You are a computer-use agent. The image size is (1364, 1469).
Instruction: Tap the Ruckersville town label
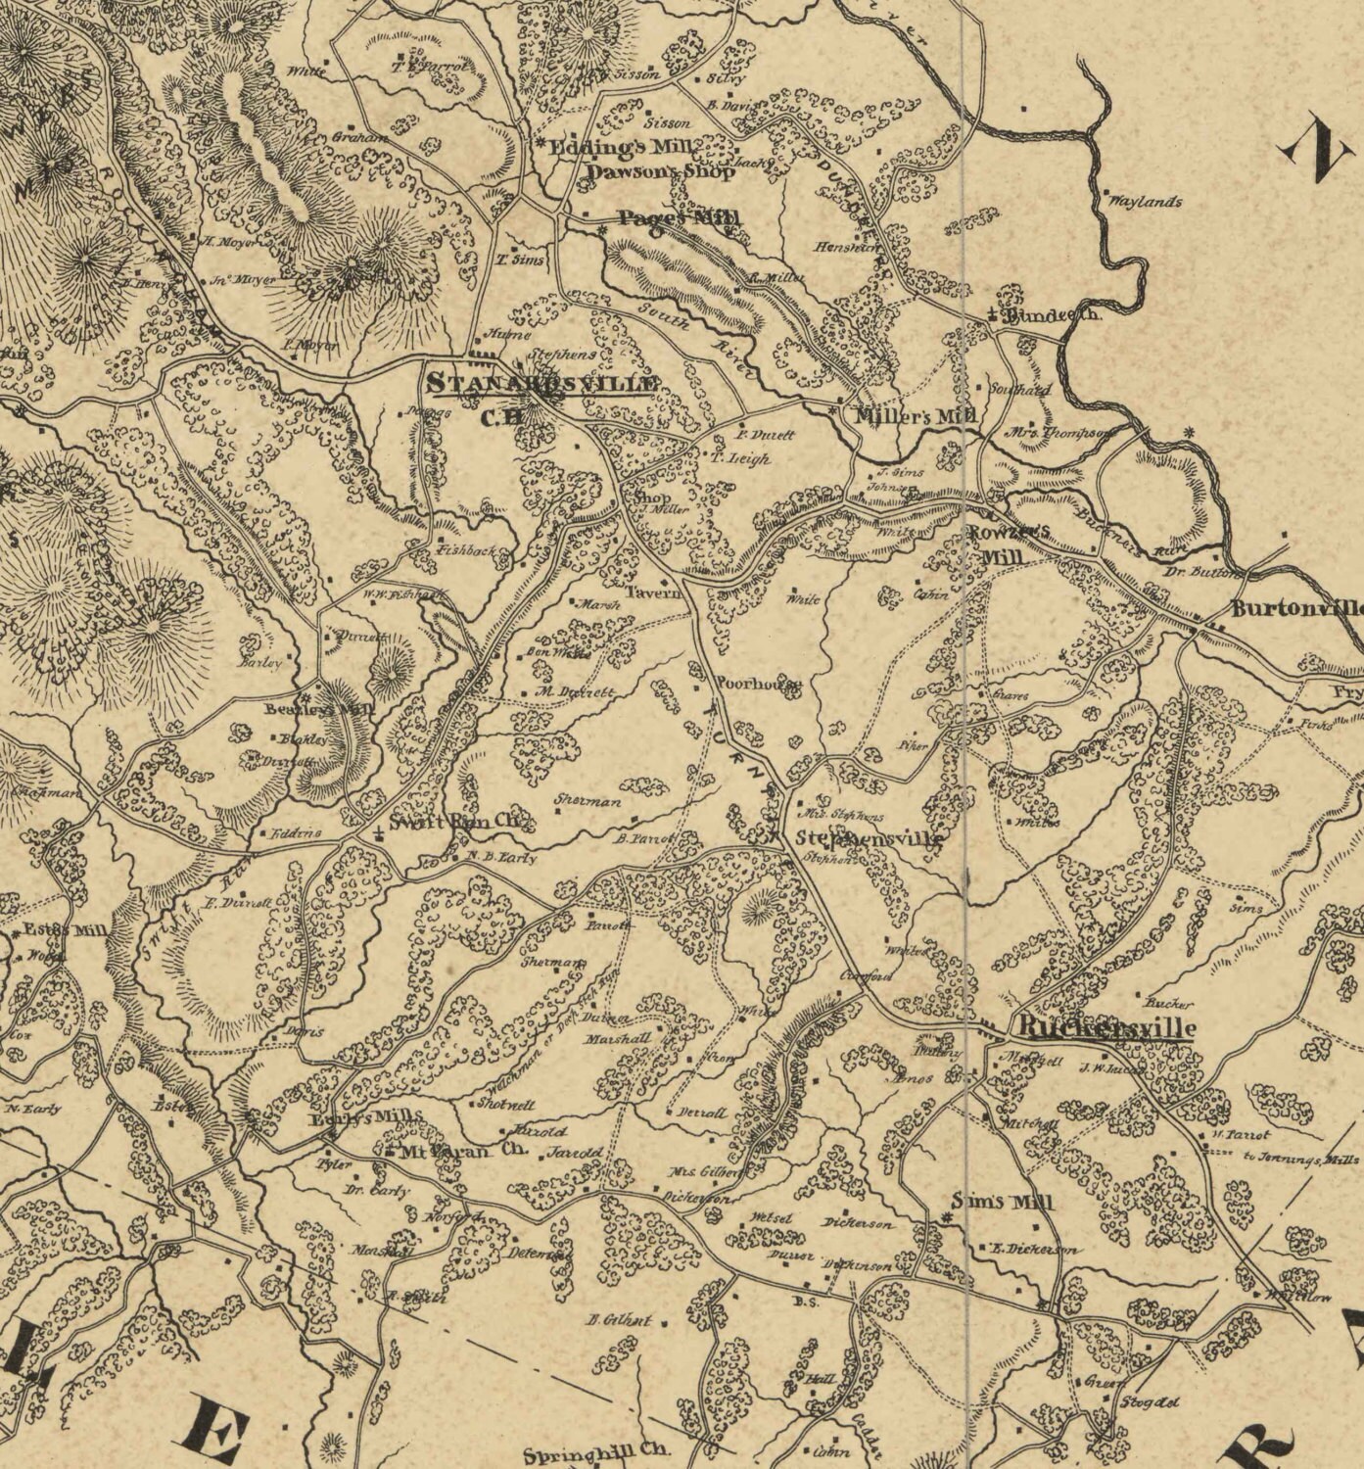[x=1106, y=1028]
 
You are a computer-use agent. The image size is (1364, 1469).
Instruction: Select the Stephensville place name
[x=870, y=839]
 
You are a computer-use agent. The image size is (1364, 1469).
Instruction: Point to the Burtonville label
[x=1295, y=608]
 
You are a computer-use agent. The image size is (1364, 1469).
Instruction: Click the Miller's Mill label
[x=915, y=415]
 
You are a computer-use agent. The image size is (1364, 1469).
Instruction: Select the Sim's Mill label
[x=1003, y=1203]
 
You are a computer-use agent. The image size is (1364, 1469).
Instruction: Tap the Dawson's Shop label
[x=659, y=172]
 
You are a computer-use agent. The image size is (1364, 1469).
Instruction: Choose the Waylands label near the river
[x=1147, y=203]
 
